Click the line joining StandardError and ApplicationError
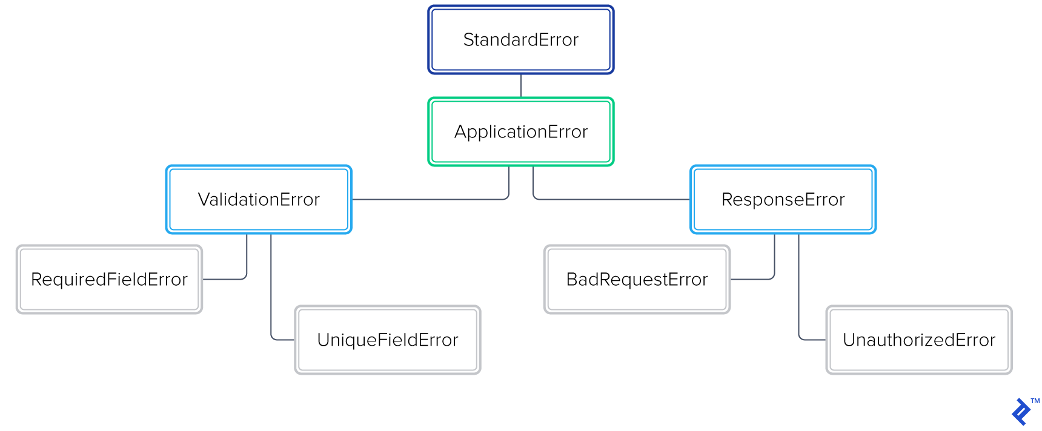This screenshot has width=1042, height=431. pyautogui.click(x=521, y=85)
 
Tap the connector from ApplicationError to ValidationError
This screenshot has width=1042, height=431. pyautogui.click(x=430, y=199)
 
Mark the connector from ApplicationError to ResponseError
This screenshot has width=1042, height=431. pyautogui.click(x=612, y=199)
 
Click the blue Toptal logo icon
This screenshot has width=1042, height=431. pyautogui.click(x=1021, y=412)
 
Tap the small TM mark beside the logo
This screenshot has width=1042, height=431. pyautogui.click(x=1035, y=401)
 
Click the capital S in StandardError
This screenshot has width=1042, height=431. pyautogui.click(x=468, y=40)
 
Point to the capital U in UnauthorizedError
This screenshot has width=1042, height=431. pyautogui.click(x=849, y=340)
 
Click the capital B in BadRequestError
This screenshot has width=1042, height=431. pyautogui.click(x=571, y=280)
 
